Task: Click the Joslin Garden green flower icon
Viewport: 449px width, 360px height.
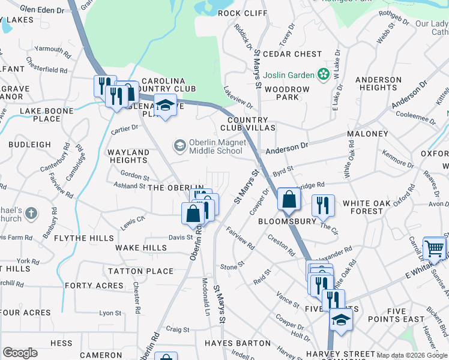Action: click(x=324, y=75)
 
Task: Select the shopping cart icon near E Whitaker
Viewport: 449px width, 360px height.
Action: click(x=433, y=248)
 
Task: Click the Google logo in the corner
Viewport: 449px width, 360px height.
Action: click(x=20, y=353)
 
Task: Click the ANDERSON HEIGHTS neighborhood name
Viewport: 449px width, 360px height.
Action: click(x=378, y=83)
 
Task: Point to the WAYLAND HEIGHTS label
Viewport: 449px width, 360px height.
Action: click(x=128, y=157)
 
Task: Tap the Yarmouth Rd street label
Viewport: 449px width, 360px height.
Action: click(x=53, y=48)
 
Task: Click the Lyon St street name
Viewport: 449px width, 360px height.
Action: click(x=110, y=313)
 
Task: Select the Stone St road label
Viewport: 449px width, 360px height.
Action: click(x=232, y=264)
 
